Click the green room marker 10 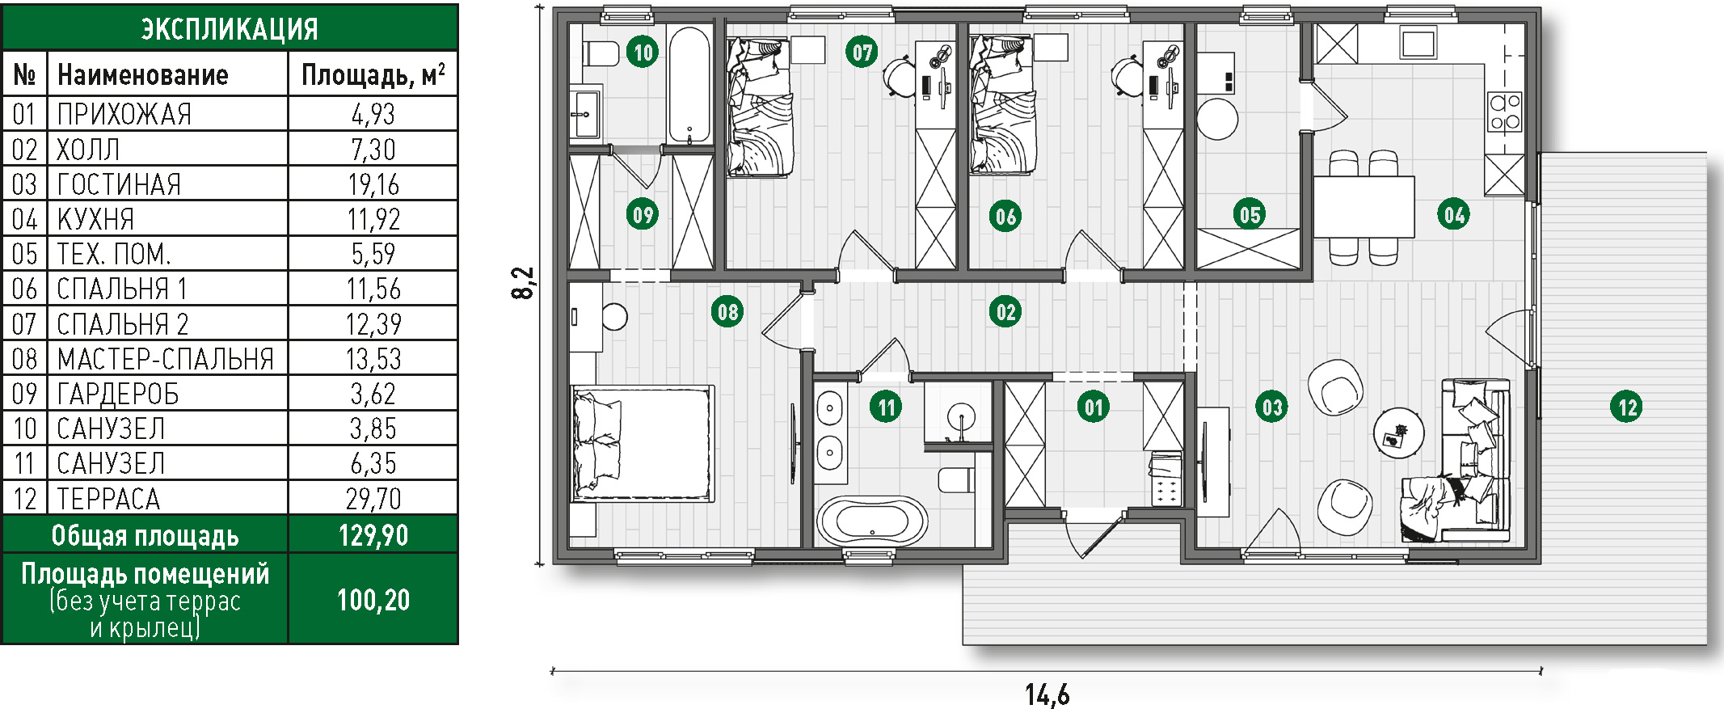(643, 53)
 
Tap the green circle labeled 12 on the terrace (1627, 407)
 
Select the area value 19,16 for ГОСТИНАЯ (373, 184)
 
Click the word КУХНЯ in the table (95, 219)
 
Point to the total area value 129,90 (373, 535)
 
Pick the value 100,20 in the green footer (373, 600)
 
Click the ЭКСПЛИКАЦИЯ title (230, 29)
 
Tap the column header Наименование (143, 75)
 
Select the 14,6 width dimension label (1047, 694)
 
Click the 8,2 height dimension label (523, 284)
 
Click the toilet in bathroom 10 (599, 54)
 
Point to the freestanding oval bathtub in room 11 (872, 521)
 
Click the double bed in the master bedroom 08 (643, 444)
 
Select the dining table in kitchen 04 (1364, 206)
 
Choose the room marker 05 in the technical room (1250, 214)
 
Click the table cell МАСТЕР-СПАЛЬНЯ (166, 359)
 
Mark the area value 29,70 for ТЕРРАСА (373, 499)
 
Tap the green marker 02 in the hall (1005, 311)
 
